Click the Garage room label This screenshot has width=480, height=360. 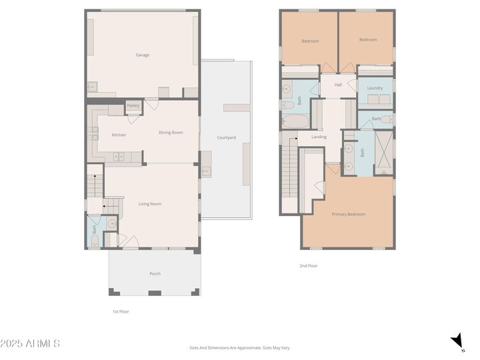tap(142, 55)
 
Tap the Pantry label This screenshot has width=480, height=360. tap(133, 105)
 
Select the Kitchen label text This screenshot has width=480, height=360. tap(119, 135)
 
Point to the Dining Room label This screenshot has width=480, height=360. tap(171, 132)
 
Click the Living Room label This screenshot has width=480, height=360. tap(150, 204)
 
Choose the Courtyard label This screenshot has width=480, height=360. tap(226, 138)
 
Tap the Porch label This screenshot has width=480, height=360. tap(155, 273)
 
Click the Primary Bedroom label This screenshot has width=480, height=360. tap(348, 214)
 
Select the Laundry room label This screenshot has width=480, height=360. tap(375, 88)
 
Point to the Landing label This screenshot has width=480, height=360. tap(319, 137)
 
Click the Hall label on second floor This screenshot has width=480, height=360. tap(338, 85)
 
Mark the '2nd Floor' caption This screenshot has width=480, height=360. tap(308, 265)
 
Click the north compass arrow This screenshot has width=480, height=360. tap(457, 342)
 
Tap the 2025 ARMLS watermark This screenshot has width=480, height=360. tap(30, 343)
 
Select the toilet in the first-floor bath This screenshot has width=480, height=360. tap(95, 240)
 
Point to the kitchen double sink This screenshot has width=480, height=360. tap(119, 157)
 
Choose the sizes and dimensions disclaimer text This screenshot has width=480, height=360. tap(240, 347)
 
